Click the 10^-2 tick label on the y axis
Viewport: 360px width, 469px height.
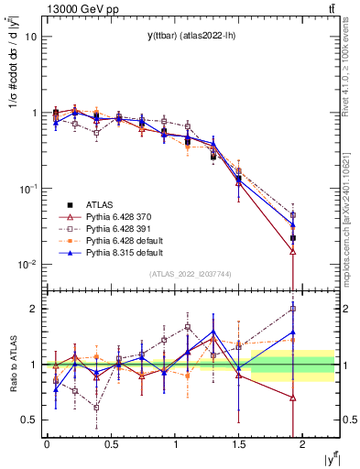27,265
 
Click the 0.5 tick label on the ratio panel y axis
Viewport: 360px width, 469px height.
29,420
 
